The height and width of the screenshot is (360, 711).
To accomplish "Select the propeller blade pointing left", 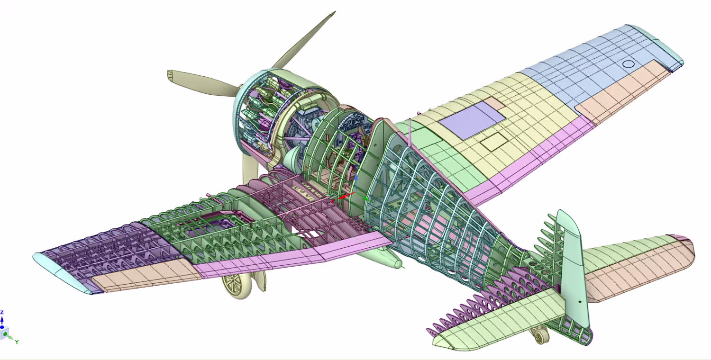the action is click(203, 83).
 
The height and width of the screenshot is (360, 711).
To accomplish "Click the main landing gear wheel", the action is click(237, 286).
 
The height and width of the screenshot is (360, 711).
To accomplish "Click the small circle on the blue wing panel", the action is click(628, 64).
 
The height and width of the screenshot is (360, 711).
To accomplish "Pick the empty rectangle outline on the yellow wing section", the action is click(494, 142).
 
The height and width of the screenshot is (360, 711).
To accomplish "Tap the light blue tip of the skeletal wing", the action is click(60, 273).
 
